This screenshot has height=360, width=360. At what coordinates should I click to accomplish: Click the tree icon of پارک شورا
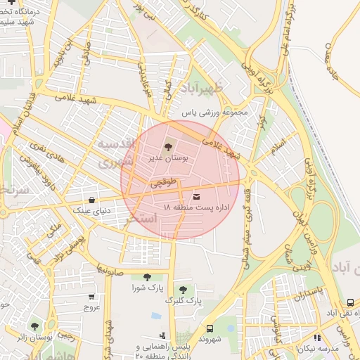click(x=147, y=277)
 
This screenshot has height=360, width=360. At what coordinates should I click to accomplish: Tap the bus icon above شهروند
click(x=210, y=328)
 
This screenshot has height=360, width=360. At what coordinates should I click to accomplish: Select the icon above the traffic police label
click(x=162, y=336)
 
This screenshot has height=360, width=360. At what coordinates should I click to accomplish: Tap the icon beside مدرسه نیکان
click(x=317, y=338)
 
